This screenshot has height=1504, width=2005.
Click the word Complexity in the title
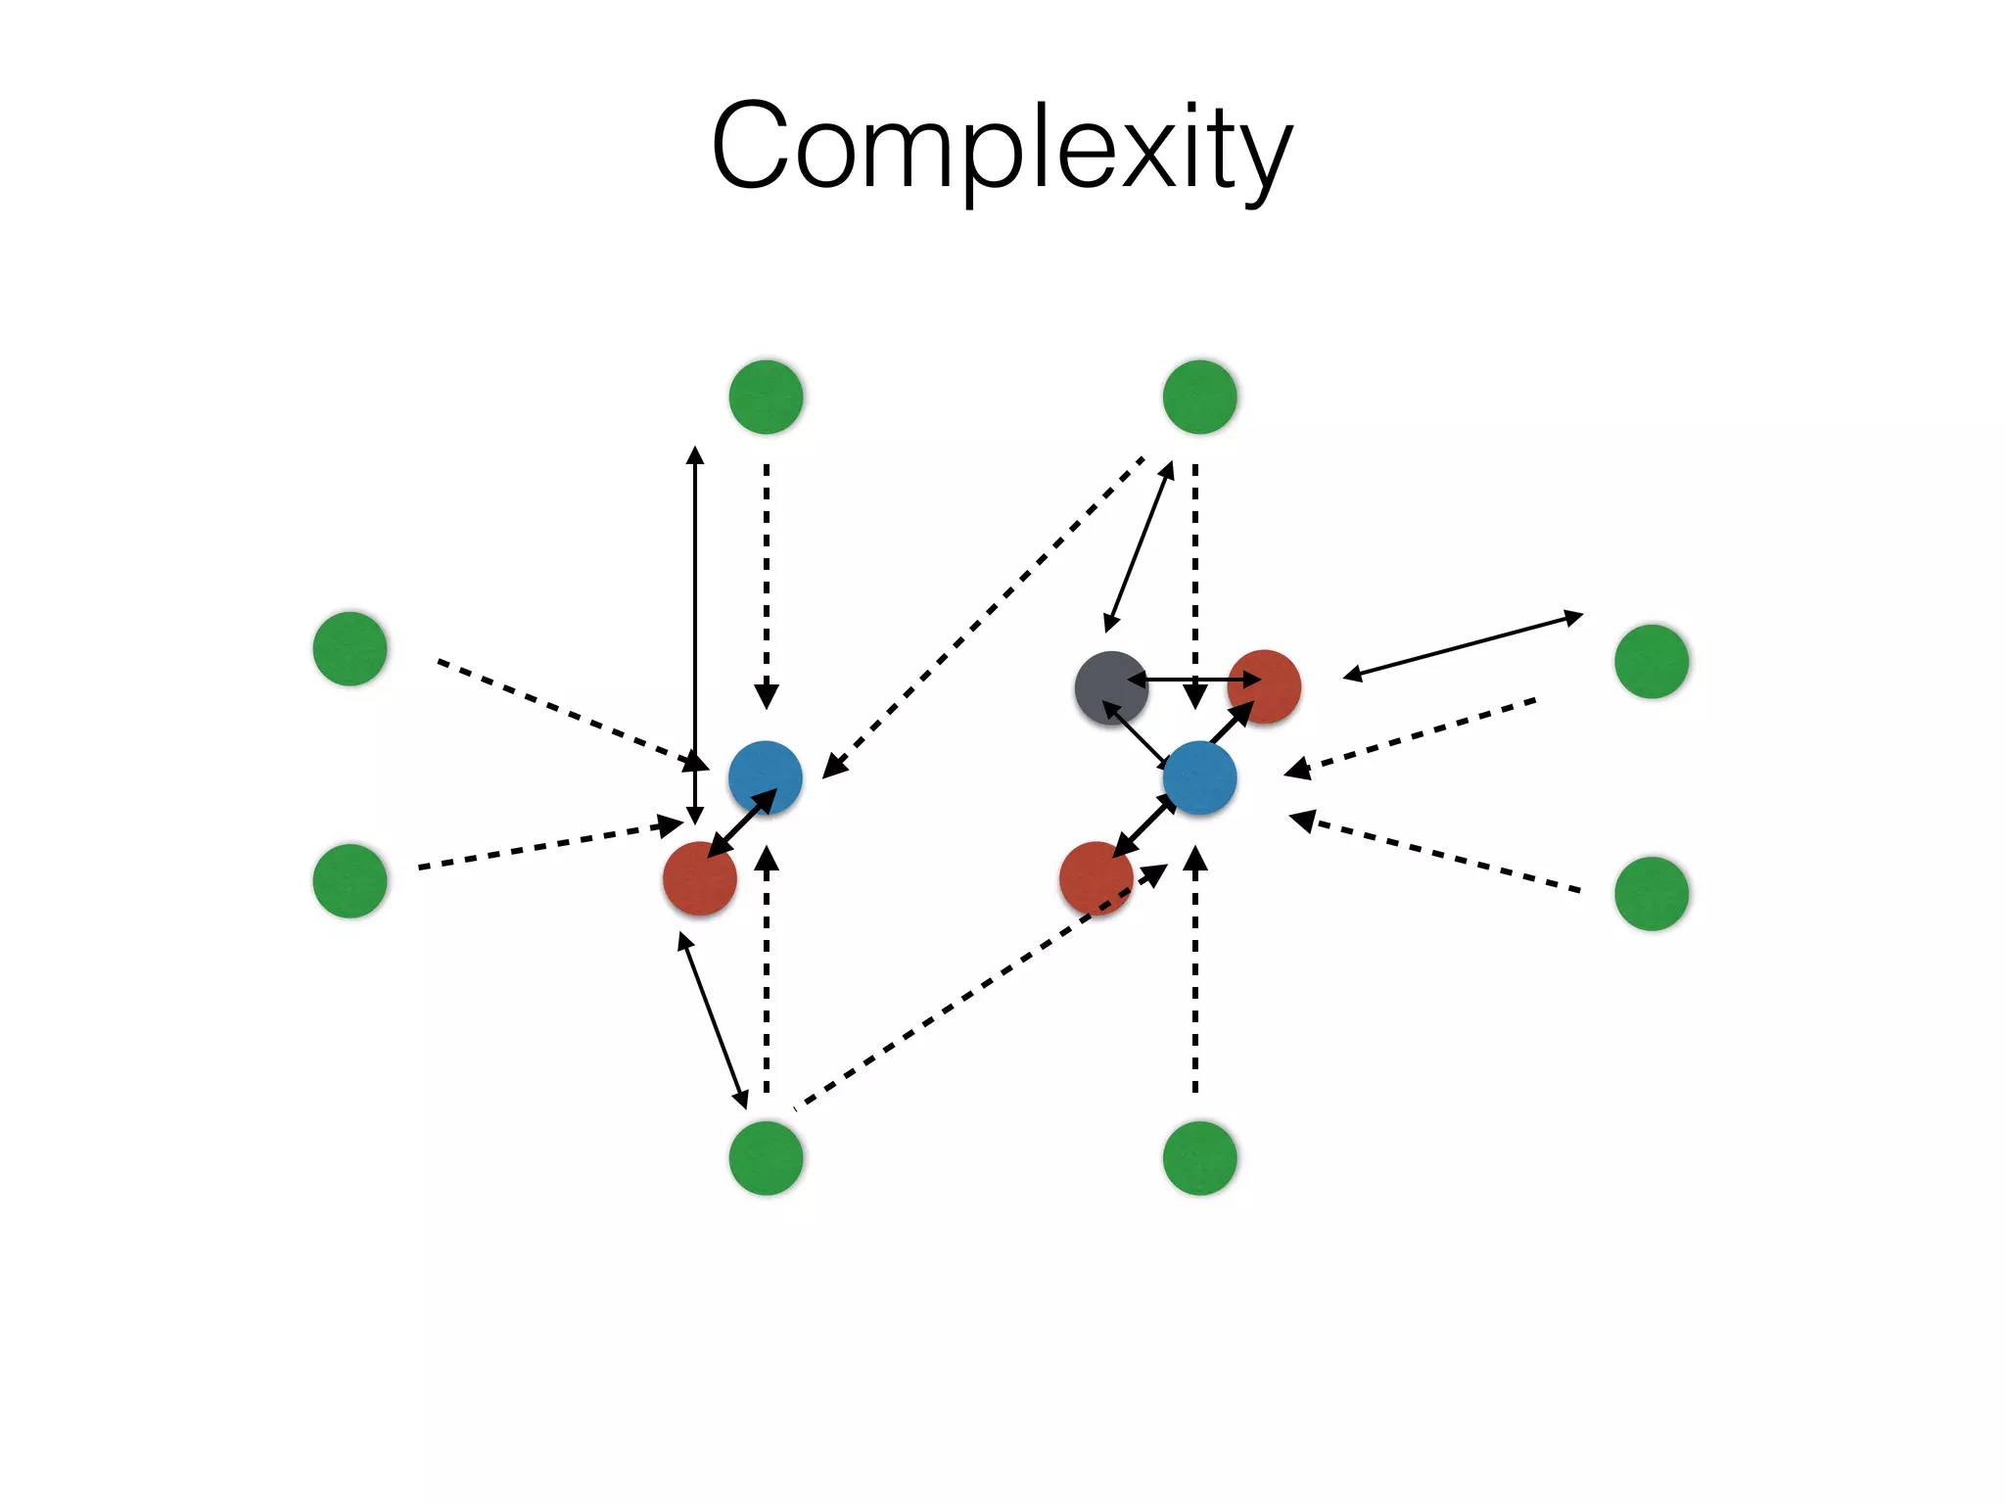coord(1002,147)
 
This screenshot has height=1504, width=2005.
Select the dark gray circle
coord(1110,687)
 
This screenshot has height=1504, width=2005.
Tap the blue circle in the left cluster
coord(765,777)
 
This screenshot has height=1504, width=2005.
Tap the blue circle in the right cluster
coord(1199,777)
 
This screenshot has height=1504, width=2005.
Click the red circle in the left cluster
coord(699,878)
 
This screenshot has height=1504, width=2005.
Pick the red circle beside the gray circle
coord(1264,686)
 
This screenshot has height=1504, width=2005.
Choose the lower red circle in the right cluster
coord(1096,878)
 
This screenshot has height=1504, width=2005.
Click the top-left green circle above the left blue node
coord(766,397)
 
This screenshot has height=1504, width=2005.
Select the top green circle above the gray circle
coord(1199,397)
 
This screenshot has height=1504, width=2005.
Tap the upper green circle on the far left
coord(350,648)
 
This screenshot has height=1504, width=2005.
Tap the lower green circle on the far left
coord(350,880)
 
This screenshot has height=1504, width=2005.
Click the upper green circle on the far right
coord(1651,661)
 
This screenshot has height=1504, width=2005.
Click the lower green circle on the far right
coord(1651,893)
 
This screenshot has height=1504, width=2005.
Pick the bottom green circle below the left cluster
coord(766,1157)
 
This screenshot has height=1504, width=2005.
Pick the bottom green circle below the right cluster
coord(1199,1157)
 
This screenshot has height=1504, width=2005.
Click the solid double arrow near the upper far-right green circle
coord(1463,645)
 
